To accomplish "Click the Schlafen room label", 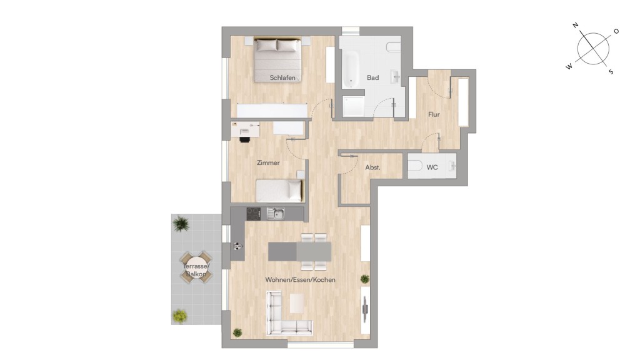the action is click(282, 77).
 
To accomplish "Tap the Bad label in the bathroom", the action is click(372, 77).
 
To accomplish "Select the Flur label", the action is click(434, 114).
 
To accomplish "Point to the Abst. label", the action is click(372, 167).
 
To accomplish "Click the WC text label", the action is click(432, 167).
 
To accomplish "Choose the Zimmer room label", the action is click(268, 162).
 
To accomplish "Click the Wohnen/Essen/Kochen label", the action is click(301, 279).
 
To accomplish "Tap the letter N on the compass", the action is click(576, 25).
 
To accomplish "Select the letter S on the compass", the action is click(611, 72).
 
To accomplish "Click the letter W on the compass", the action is click(569, 66).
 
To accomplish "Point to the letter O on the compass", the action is click(616, 31).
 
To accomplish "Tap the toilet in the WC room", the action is click(415, 166).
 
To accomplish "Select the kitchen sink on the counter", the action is click(276, 214).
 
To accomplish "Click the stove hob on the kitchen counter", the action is click(254, 214).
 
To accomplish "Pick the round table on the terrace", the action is click(196, 267).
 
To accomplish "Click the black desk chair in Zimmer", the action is click(244, 139).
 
